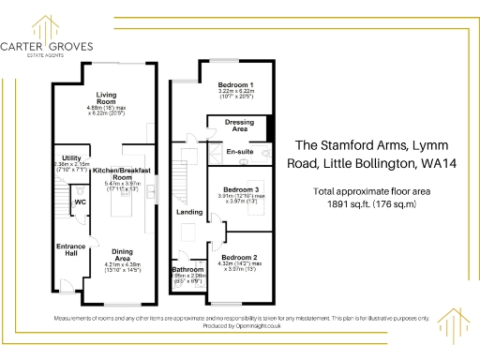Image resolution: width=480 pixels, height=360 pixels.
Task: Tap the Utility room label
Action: click(x=71, y=157)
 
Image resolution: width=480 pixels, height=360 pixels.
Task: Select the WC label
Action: click(x=81, y=202)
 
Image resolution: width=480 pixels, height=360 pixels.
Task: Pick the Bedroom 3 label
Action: click(x=237, y=188)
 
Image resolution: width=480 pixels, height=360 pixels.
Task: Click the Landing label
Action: click(x=190, y=213)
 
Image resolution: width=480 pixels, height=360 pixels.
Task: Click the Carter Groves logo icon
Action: click(x=40, y=21)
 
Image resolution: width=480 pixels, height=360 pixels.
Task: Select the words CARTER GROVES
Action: click(x=39, y=44)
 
